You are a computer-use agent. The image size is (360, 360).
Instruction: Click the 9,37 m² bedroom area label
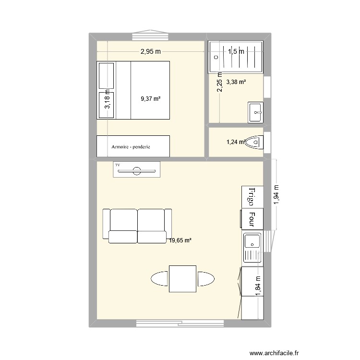coord(150,99)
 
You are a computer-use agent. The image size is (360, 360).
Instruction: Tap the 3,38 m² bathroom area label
coord(236,82)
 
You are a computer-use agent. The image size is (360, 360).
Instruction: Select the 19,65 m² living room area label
coord(180,241)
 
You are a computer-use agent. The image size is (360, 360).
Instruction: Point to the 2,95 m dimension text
coord(150,51)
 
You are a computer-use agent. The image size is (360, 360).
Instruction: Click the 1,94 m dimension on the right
coord(276,194)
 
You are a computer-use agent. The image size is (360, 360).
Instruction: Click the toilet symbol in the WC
coord(255,142)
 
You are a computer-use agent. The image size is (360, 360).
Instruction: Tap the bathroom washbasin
coord(255,112)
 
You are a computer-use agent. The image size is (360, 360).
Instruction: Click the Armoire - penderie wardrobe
coord(133,146)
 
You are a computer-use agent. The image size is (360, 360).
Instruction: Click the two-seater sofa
coord(137,226)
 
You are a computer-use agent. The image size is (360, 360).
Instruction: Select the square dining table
coord(182,278)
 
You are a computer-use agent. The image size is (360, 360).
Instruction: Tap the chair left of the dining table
coord(160,278)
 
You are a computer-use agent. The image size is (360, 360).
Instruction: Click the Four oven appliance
coord(252,219)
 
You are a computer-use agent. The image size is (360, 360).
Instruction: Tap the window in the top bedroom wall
coord(150,36)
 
